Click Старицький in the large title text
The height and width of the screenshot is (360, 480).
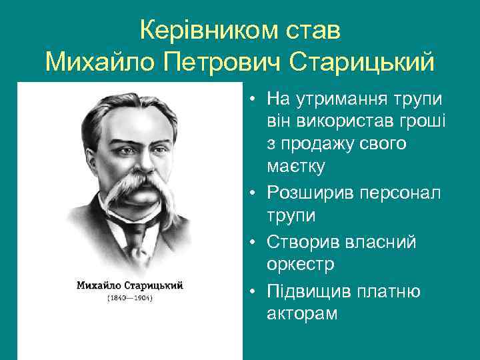tap(363, 63)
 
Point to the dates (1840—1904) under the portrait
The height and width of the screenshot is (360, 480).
tap(130, 298)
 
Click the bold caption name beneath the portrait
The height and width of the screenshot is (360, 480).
tap(130, 285)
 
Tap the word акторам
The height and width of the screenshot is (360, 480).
tap(302, 313)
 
